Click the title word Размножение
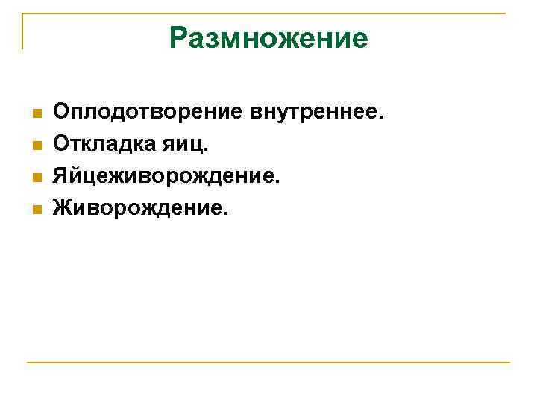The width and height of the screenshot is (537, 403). [268, 37]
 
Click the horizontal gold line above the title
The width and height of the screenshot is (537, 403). [268, 13]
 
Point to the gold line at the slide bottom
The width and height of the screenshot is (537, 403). [268, 363]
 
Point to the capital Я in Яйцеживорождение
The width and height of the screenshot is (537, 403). [60, 177]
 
